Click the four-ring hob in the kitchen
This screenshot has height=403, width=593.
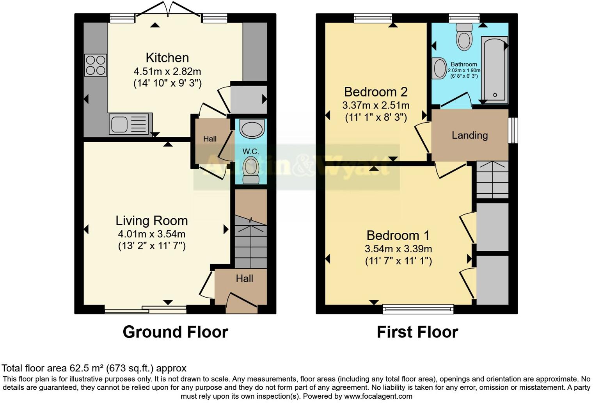pos(96,65)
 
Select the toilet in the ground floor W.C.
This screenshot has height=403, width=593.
pos(251,170)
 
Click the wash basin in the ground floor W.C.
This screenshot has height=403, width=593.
pos(252,128)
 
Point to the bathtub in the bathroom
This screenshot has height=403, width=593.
pos(494,70)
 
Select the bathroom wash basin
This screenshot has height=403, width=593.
pos(439,68)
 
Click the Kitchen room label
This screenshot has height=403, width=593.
pos(167,58)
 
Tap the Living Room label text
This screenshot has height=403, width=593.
pos(152,221)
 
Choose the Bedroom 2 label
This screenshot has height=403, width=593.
pos(376,92)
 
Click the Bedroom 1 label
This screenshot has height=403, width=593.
pos(398,235)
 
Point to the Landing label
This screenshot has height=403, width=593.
pos(470,136)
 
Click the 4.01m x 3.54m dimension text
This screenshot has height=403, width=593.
pos(152,234)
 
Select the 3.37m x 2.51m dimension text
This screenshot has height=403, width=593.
pos(376,105)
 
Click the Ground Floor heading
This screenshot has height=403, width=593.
pos(175,332)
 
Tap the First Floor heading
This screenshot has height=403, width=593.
pos(417,332)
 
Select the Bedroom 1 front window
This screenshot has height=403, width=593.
pos(418,309)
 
